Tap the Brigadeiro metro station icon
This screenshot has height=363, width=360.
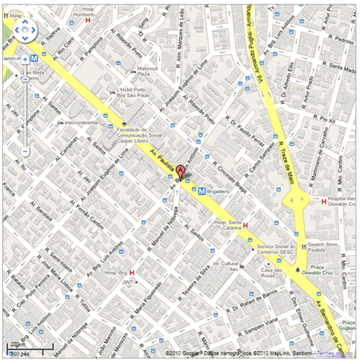point(202,190)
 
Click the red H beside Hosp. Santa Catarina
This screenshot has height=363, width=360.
point(246,226)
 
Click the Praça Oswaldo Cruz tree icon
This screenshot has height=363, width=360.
point(299,269)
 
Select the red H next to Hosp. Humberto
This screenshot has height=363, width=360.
point(88,21)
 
